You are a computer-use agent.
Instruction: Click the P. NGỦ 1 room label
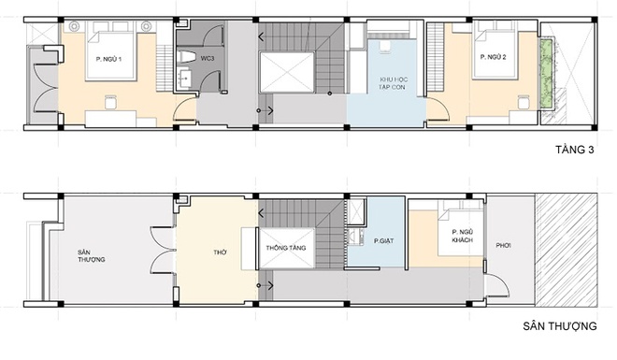pyautogui.click(x=108, y=60)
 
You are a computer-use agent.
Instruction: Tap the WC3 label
pyautogui.click(x=208, y=59)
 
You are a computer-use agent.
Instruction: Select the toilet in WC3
pyautogui.click(x=187, y=57)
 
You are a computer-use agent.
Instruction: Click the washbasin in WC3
pyautogui.click(x=184, y=79)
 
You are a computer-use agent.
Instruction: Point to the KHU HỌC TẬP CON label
pyautogui.click(x=392, y=83)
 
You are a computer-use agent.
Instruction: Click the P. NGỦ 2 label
pyautogui.click(x=493, y=57)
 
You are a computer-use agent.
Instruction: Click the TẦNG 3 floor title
pyautogui.click(x=575, y=150)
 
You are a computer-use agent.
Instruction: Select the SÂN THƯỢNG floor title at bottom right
pyautogui.click(x=560, y=326)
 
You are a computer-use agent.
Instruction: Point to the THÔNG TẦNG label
pyautogui.click(x=286, y=248)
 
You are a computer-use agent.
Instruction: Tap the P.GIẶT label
pyautogui.click(x=383, y=241)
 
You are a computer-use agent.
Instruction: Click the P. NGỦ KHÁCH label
pyautogui.click(x=463, y=236)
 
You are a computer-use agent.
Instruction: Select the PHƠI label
pyautogui.click(x=503, y=246)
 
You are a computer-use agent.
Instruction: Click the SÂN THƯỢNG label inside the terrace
pyautogui.click(x=92, y=255)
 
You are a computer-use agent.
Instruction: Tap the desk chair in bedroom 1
pyautogui.click(x=110, y=102)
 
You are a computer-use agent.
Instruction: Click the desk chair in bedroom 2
pyautogui.click(x=524, y=102)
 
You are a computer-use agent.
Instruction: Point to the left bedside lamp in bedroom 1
pyautogui.click(x=74, y=26)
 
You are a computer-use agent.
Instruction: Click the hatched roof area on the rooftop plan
pyautogui.click(x=566, y=250)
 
